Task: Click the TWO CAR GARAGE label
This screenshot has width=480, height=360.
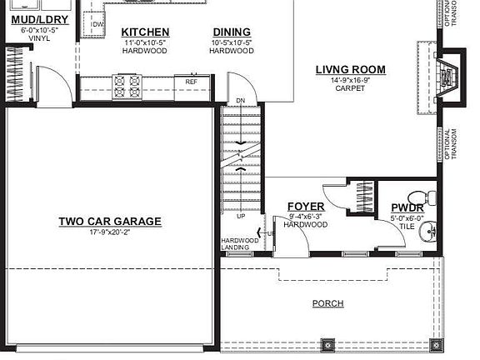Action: coord(109,222)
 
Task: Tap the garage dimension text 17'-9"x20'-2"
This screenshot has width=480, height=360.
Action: coord(109,232)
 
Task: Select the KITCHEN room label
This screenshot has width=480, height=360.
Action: coord(146,32)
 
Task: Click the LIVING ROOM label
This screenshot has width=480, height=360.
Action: coord(349,69)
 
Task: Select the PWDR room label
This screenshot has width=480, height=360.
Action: coord(407,207)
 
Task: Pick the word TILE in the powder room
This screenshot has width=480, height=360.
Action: coord(407,226)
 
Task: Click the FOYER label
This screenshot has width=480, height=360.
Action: coord(305,206)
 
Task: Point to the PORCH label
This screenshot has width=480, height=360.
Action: coord(327,303)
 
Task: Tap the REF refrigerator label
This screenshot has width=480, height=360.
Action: coord(191,82)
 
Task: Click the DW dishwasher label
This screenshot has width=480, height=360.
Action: coord(97,24)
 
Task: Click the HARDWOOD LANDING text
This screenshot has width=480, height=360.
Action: coord(234,244)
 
